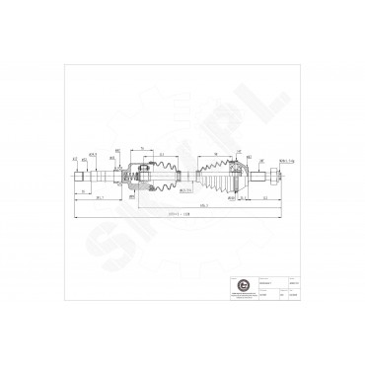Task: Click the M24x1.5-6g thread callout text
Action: pos(286,161)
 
